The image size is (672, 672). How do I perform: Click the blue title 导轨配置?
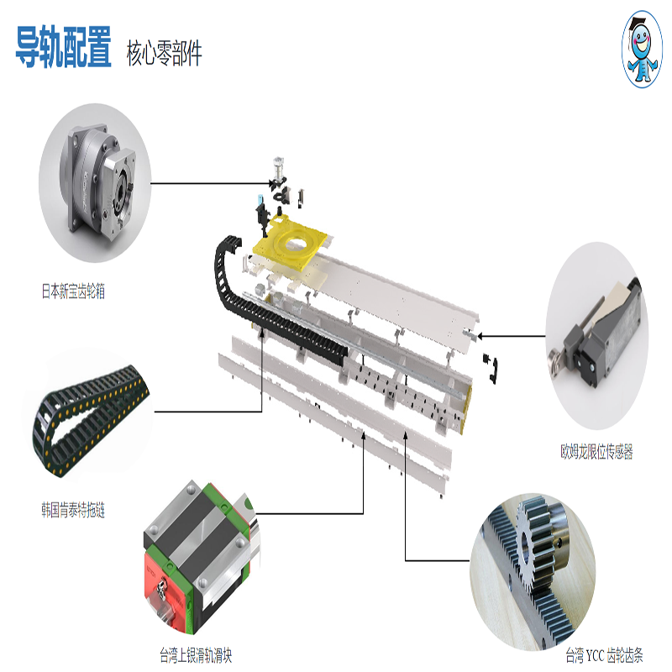(64, 47)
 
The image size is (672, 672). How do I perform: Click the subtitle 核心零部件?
(164, 54)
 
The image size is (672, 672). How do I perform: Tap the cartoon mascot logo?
(642, 50)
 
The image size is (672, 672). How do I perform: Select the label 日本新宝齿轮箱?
(73, 291)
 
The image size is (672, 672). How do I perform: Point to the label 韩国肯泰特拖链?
(73, 510)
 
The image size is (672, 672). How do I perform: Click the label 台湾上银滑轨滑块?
(196, 655)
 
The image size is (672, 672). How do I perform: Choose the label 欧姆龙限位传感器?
(596, 451)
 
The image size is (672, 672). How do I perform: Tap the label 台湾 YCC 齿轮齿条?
(604, 655)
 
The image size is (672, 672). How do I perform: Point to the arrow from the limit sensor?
(512, 336)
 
